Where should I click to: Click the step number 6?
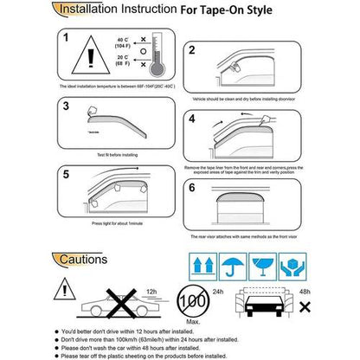pos(191,187)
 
